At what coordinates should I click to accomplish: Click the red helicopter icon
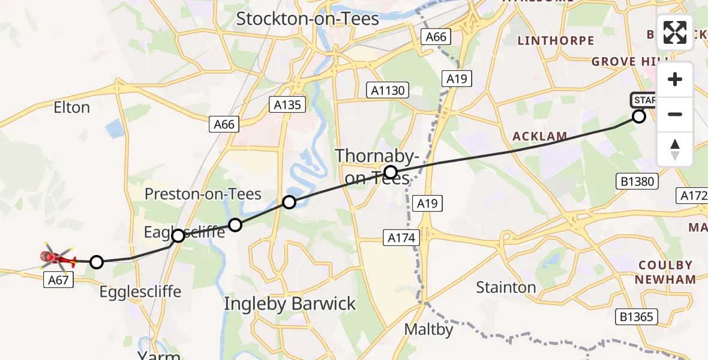pos(57,258)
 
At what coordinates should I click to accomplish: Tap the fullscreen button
pos(675,32)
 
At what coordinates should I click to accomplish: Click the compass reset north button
pos(675,149)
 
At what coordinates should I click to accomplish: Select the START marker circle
pos(639,116)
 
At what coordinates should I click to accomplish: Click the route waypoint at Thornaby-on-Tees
pos(391,172)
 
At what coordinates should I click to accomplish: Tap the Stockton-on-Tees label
pos(308,19)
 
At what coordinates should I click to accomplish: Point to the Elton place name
pos(71,107)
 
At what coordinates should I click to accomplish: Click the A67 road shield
pos(58,280)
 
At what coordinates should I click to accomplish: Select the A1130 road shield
pos(388,90)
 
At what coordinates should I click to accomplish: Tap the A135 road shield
pos(287,104)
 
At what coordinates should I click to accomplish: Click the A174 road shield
pos(401,238)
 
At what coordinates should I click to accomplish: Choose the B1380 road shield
pos(637,181)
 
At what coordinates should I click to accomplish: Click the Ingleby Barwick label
pos(290,304)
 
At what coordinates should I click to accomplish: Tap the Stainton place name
pos(506,287)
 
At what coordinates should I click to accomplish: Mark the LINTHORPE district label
pos(556,41)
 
